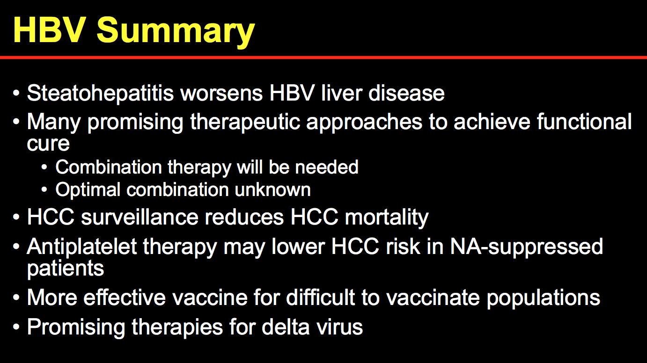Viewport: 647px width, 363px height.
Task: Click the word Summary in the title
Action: pos(176,32)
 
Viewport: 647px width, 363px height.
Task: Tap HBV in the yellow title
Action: pos(50,30)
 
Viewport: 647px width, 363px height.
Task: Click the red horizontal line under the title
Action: pos(323,58)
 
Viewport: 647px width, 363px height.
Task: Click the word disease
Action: pos(407,93)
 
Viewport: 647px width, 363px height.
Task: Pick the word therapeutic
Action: pos(245,122)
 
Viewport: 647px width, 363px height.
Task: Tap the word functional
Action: pos(584,121)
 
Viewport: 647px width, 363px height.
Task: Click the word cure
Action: pos(48,144)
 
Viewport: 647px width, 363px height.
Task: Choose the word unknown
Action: pos(272,189)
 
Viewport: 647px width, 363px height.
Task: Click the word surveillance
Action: pos(140,217)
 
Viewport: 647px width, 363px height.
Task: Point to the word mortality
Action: pos(387,218)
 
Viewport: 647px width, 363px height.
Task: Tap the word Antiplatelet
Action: pos(82,247)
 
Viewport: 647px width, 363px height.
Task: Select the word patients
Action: pos(65,269)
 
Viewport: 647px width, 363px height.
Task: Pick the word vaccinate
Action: pos(433,298)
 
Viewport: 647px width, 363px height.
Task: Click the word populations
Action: pos(544,298)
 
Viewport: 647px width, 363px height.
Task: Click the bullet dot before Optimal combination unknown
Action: pos(44,190)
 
